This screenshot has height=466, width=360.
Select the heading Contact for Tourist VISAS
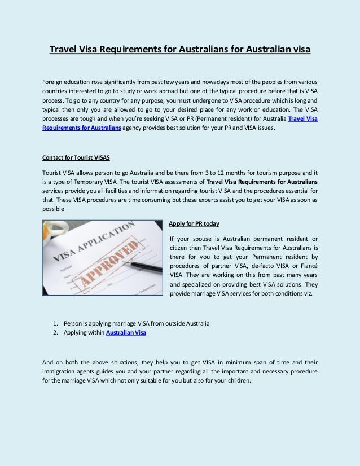tap(76, 157)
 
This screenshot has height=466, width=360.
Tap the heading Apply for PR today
tap(194, 224)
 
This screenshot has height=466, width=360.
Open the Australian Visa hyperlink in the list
tap(126, 333)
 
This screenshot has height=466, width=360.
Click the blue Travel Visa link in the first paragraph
tap(302, 118)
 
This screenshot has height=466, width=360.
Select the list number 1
tap(55, 323)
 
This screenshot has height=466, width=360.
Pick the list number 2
tap(55, 333)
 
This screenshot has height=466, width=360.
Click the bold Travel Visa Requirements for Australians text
tap(262, 182)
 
